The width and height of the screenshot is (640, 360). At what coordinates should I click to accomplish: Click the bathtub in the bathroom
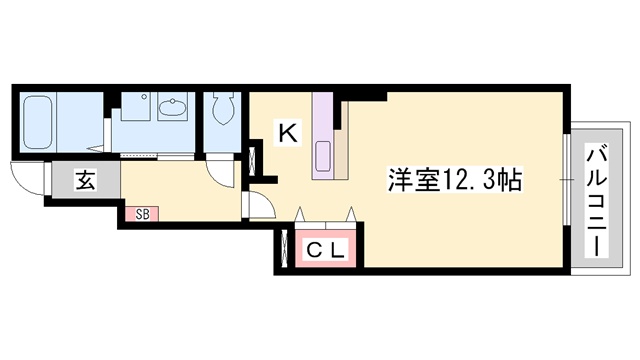[38, 122]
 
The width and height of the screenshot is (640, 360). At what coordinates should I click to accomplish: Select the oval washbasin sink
[173, 107]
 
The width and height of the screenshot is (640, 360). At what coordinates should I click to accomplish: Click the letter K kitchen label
[288, 132]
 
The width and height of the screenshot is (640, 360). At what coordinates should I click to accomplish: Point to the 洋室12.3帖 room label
[455, 180]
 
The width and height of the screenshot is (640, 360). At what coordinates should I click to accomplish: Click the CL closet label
[326, 251]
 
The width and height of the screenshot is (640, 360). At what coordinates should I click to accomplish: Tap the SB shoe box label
[142, 214]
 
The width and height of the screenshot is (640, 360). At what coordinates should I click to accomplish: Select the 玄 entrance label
[86, 180]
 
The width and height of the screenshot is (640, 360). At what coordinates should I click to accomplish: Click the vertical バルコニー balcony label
[596, 200]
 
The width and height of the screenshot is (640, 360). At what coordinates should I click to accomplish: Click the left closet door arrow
[300, 214]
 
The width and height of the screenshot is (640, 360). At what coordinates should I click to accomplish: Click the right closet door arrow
[351, 214]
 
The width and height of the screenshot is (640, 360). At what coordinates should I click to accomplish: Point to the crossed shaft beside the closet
[284, 249]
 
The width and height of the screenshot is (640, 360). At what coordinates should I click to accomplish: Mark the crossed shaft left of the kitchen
[252, 160]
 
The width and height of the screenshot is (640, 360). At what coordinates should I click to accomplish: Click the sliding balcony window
[567, 180]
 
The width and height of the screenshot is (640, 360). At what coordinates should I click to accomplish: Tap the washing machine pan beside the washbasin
[136, 106]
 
